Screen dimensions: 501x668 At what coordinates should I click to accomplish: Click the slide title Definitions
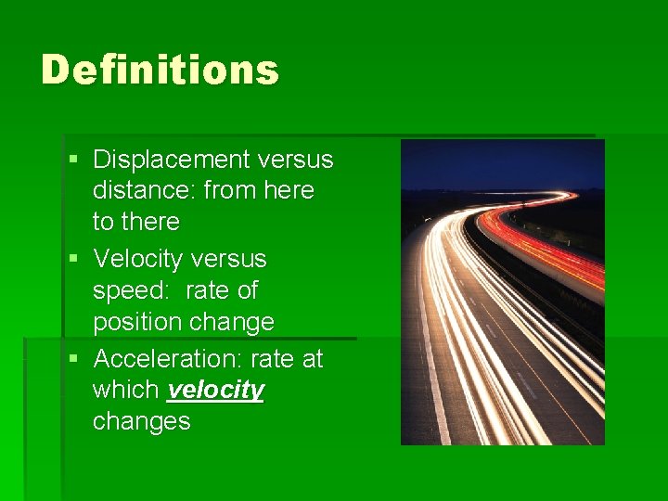160,70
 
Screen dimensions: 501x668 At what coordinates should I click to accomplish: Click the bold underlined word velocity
215,391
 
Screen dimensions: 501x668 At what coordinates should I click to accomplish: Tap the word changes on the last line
141,421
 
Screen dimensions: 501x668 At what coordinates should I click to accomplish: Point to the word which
127,391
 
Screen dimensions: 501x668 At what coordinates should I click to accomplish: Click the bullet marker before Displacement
73,161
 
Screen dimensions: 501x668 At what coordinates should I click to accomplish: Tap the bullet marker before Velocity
73,260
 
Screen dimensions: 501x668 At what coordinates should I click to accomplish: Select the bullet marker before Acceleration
73,359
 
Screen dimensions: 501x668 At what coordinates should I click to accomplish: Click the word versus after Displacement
297,160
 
